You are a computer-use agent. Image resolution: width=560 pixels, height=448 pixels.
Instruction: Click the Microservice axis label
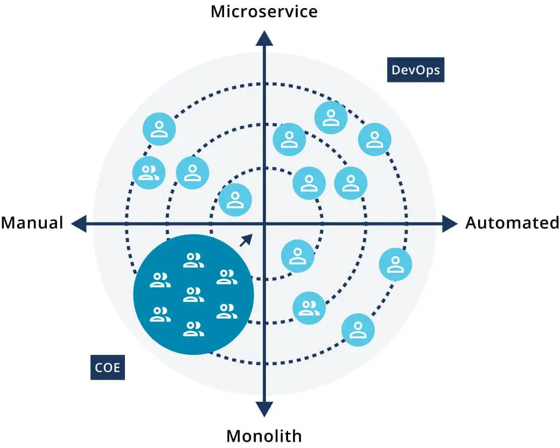264,11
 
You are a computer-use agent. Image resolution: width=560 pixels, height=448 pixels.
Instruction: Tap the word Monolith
264,435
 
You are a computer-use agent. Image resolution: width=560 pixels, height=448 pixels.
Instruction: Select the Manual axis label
32,222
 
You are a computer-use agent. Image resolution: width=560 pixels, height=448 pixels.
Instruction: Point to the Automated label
512,222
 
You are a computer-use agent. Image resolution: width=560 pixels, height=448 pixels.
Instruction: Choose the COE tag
108,368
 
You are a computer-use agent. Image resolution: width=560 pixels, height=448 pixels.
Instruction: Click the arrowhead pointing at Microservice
264,38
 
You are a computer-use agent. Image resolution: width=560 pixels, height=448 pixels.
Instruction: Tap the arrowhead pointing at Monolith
264,409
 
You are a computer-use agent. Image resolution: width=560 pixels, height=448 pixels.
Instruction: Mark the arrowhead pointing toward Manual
79,223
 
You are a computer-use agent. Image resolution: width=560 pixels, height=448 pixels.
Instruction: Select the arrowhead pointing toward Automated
450,223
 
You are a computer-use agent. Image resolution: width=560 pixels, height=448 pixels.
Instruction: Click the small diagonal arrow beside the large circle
246,240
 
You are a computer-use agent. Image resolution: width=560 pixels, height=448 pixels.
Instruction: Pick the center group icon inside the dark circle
193,295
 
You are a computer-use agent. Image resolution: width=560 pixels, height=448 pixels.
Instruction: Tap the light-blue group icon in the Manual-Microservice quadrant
149,173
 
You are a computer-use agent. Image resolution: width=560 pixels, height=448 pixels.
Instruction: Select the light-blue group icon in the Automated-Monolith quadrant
309,308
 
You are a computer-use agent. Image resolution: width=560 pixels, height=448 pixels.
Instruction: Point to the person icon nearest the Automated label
396,264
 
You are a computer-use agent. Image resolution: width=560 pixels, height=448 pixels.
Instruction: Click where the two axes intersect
264,223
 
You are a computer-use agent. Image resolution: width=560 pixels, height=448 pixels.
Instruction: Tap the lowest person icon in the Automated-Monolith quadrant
358,330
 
